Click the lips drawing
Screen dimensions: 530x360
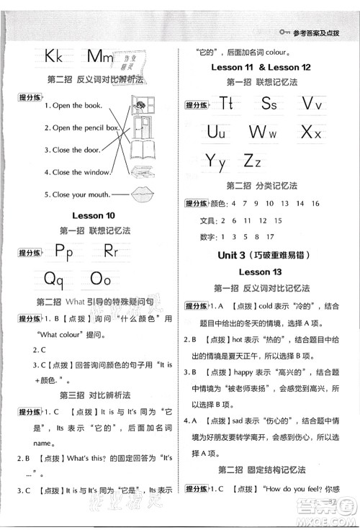(x=148, y=194)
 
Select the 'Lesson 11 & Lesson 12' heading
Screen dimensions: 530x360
(x=268, y=66)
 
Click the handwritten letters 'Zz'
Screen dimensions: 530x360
(x=251, y=160)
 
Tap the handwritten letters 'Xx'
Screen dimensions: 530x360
(x=310, y=132)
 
